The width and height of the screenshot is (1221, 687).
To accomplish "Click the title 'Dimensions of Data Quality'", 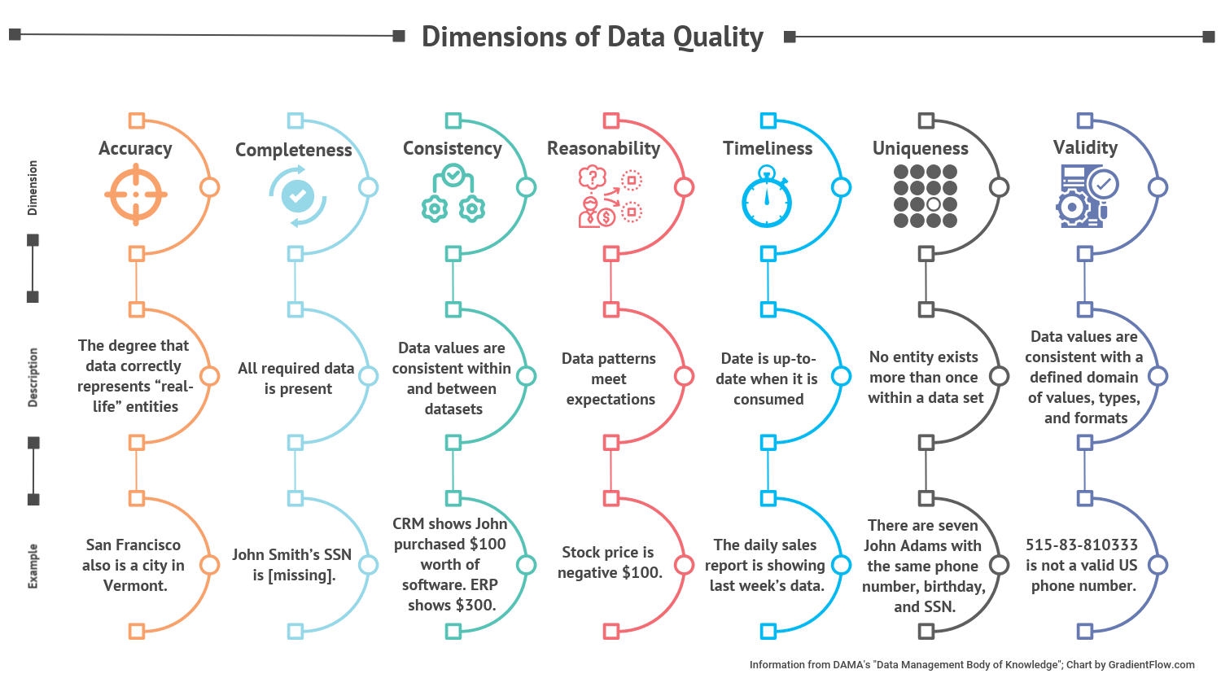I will click(x=593, y=37).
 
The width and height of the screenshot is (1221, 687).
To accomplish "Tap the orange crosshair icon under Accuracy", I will click(x=136, y=195).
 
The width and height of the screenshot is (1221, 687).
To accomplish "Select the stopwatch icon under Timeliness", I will click(x=767, y=198).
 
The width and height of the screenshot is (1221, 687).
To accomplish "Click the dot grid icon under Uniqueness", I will click(x=926, y=196).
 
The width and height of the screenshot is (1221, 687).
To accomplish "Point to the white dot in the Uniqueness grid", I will click(x=934, y=204).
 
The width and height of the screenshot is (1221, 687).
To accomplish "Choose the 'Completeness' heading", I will click(x=294, y=150).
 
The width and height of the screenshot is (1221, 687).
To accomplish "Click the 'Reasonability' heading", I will click(x=603, y=148).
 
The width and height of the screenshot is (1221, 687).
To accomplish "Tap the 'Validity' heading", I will click(x=1085, y=147).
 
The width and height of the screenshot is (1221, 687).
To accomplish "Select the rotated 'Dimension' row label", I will click(x=33, y=187).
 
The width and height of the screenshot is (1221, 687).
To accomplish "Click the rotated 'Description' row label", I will click(x=33, y=377).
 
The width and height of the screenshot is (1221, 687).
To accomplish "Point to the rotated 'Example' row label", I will click(x=33, y=566).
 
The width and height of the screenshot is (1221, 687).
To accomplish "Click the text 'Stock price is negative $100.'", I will click(x=610, y=562).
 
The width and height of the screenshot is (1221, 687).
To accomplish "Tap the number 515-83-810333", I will click(x=1081, y=545).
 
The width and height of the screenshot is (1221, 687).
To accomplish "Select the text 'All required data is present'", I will click(x=296, y=379).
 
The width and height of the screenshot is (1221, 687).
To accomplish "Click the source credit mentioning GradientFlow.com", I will click(x=971, y=665).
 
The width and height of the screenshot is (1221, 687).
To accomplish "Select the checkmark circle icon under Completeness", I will click(x=298, y=195).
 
